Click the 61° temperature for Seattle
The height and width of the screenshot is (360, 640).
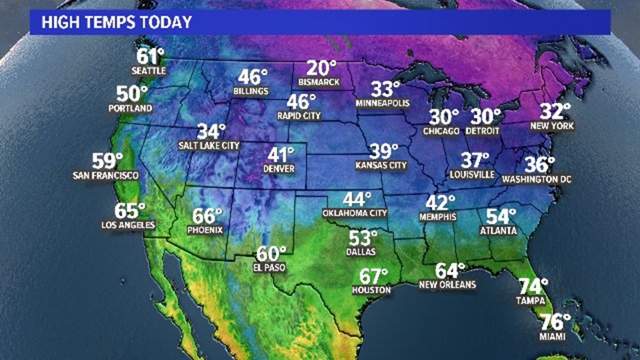click(x=150, y=57)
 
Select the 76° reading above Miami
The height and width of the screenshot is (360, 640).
click(x=555, y=323)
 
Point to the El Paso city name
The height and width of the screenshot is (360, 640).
click(x=270, y=268)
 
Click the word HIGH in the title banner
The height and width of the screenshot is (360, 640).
click(x=57, y=23)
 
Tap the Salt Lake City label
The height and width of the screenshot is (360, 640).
click(x=209, y=145)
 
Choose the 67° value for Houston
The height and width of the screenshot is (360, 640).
click(x=373, y=277)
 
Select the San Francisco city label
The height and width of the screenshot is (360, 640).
click(x=106, y=175)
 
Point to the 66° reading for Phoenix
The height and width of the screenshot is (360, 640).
click(x=207, y=216)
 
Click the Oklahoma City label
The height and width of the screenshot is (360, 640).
click(x=355, y=213)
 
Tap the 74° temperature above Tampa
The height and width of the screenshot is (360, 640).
click(x=532, y=287)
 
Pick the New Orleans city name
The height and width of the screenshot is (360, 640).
click(x=447, y=285)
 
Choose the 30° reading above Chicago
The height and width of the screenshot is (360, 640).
click(x=444, y=117)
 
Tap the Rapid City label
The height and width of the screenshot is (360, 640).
click(x=299, y=116)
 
